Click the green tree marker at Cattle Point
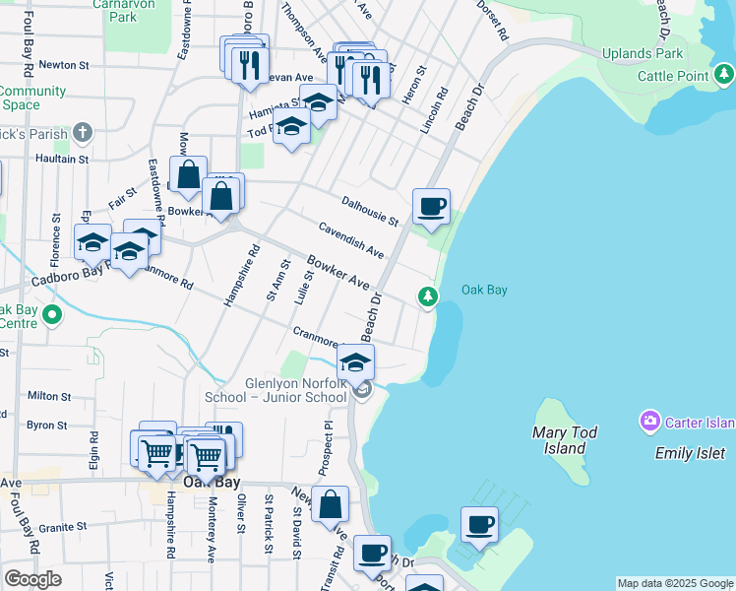(x=724, y=73)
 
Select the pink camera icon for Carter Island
(x=649, y=423)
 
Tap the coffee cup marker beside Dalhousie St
(x=431, y=207)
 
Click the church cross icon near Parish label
(x=83, y=132)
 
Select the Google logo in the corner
(x=33, y=579)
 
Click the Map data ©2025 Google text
(x=674, y=583)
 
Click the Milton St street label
(x=46, y=396)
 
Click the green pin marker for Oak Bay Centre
(x=52, y=316)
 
